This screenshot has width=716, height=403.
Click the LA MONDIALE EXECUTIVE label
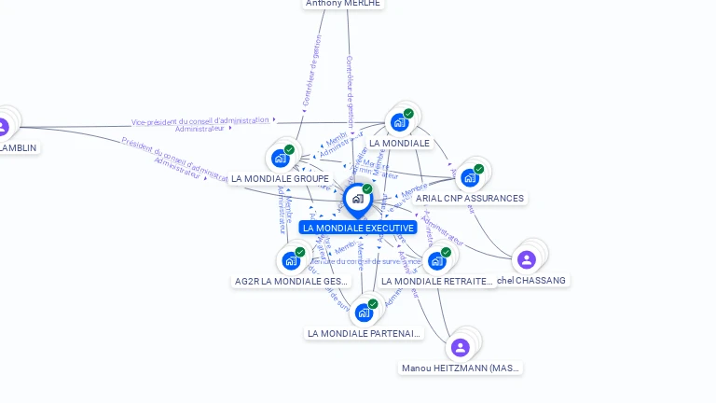click(358, 228)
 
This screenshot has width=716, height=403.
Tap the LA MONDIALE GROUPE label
click(280, 178)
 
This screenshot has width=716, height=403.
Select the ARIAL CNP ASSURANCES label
click(470, 199)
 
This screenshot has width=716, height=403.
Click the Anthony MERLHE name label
click(343, 4)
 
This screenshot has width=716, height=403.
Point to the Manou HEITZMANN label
click(461, 368)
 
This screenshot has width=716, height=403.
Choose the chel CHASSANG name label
click(531, 280)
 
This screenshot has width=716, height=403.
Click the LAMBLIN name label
click(19, 147)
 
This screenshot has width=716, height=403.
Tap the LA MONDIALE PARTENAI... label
click(364, 333)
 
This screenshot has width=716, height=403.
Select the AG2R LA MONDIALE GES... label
click(291, 281)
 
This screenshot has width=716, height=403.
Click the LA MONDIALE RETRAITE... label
click(436, 281)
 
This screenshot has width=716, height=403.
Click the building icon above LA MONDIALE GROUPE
click(281, 158)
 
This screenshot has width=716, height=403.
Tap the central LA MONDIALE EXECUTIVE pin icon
click(358, 199)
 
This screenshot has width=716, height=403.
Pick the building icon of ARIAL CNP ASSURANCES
click(470, 177)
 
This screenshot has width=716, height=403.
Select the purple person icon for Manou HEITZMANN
click(460, 348)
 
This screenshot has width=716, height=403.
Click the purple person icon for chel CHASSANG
click(527, 259)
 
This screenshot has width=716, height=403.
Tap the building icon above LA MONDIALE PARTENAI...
click(364, 313)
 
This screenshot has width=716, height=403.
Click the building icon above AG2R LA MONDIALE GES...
click(291, 260)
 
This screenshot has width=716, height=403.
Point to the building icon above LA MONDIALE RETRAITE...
click(436, 260)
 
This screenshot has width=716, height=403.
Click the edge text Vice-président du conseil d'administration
click(200, 121)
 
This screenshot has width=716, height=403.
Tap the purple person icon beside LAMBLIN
click(3, 126)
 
